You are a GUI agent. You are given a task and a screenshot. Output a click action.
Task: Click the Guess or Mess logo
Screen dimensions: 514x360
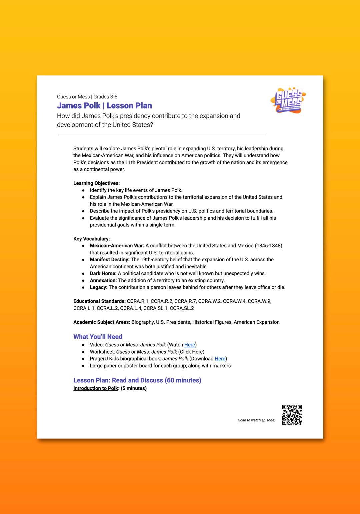click(289, 100)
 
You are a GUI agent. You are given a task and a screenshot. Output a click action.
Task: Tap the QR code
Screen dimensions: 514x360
click(292, 415)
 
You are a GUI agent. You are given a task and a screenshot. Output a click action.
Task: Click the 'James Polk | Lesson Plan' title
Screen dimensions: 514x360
click(104, 106)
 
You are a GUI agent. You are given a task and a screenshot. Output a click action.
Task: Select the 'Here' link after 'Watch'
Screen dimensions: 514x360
click(190, 345)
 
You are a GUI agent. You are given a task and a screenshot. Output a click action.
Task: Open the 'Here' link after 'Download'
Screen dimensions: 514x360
click(220, 359)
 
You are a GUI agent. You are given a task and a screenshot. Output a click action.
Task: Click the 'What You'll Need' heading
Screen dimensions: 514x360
click(98, 337)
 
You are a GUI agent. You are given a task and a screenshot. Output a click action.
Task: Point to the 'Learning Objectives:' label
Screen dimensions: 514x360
click(96, 183)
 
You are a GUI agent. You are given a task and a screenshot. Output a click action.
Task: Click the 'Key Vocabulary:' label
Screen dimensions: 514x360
click(92, 239)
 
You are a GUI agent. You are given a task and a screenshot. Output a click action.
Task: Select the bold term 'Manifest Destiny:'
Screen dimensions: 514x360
click(110, 259)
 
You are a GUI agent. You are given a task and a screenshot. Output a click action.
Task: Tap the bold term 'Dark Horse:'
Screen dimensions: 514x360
click(103, 273)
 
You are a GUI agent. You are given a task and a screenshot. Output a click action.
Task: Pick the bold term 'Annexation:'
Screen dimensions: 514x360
click(103, 280)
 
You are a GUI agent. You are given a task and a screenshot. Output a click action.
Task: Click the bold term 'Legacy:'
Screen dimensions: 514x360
click(99, 287)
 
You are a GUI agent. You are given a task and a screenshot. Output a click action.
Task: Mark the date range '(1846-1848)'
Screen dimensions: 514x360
click(268, 246)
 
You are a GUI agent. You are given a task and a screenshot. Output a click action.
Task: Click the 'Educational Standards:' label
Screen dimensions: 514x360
click(99, 301)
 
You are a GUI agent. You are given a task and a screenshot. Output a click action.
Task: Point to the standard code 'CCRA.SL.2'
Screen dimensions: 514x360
click(182, 308)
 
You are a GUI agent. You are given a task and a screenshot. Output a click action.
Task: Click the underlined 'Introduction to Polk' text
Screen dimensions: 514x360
click(96, 388)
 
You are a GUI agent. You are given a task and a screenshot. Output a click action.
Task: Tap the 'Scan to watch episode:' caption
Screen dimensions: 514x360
click(256, 420)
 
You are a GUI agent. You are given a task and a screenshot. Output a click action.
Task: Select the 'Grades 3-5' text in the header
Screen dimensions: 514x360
click(105, 97)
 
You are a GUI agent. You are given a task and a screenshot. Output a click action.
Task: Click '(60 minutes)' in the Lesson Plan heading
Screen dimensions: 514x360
click(183, 380)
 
